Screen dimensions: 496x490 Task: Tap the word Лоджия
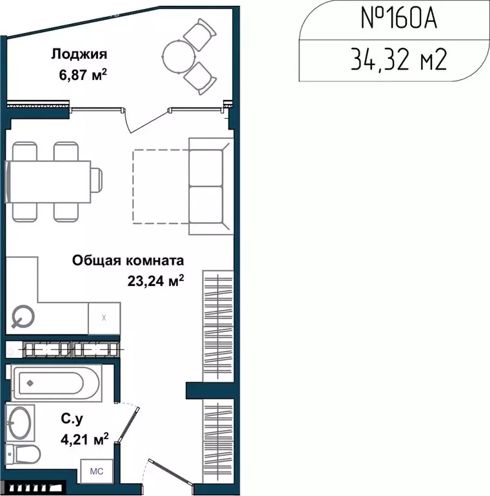click(79, 54)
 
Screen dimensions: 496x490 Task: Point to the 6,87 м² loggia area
click(82, 75)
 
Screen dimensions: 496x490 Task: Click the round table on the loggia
click(177, 55)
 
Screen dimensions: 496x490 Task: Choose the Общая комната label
click(128, 261)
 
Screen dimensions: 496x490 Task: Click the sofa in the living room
click(210, 187)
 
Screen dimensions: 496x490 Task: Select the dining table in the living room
click(49, 182)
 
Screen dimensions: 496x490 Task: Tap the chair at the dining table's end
click(95, 181)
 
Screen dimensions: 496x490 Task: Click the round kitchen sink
click(24, 316)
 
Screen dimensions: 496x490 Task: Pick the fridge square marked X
click(104, 318)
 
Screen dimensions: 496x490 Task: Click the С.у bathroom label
click(71, 420)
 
